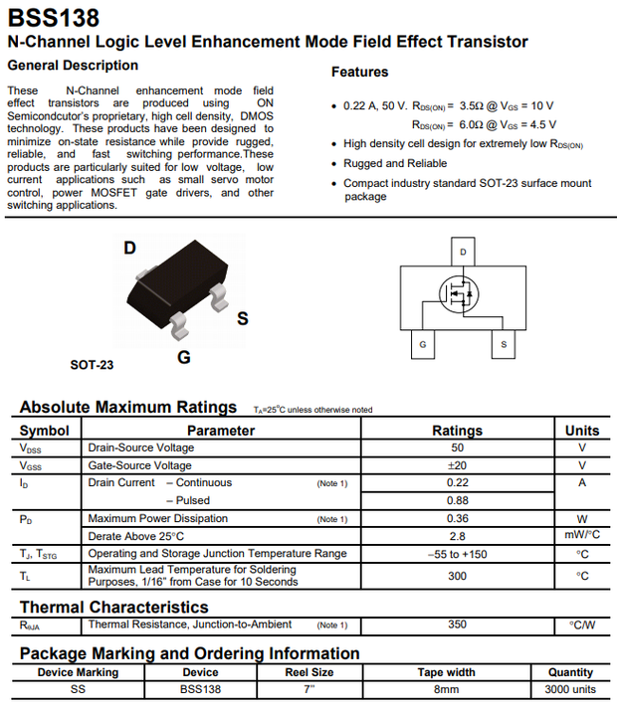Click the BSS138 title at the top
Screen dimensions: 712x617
[x=53, y=17]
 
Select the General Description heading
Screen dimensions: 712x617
[x=73, y=66]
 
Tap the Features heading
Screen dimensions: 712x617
[x=359, y=72]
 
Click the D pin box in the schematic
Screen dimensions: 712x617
[x=463, y=252]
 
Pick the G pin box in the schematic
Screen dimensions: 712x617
[x=423, y=344]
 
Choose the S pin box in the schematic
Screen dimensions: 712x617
[x=504, y=344]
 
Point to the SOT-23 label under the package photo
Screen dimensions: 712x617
[x=92, y=365]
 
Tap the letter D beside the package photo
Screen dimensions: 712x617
[x=129, y=248]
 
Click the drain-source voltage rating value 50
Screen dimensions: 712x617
[x=457, y=447]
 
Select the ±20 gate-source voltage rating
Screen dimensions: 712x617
[x=457, y=465]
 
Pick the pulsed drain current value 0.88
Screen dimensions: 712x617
[x=457, y=500]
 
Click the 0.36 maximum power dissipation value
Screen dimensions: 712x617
[x=457, y=518]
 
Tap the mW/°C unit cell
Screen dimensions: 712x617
[x=582, y=535]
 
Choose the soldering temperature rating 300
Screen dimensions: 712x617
[x=457, y=576]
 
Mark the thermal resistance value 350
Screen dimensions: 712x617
[x=457, y=624]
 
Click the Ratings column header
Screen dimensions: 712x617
[x=457, y=431]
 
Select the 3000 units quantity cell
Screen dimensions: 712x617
[x=570, y=689]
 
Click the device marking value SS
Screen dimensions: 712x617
[x=78, y=689]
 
